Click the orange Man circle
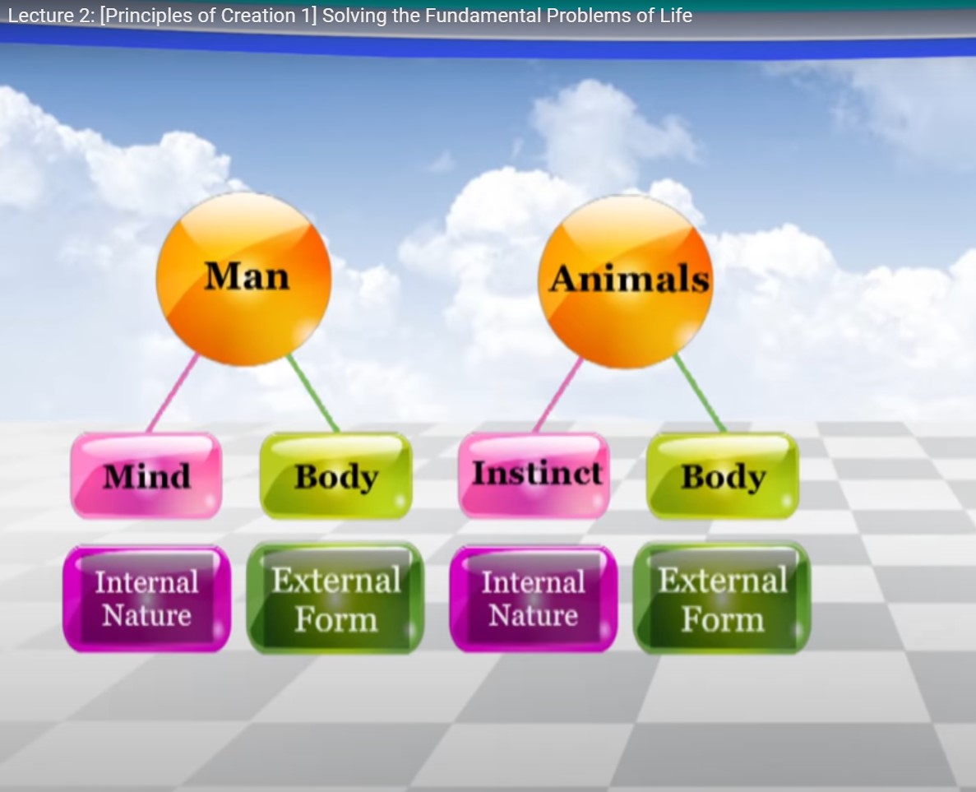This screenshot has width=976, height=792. pos(243,279)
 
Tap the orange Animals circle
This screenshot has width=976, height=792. pos(626,281)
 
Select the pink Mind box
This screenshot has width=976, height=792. pos(146,475)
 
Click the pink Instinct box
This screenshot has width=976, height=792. pos(534,475)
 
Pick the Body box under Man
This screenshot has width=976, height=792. pos(336,475)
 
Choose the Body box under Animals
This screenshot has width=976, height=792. pos(724,475)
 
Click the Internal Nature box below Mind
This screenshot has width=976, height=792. pos(147,599)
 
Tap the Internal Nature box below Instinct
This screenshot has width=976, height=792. pos(534,599)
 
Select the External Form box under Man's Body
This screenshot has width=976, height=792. pos(335,599)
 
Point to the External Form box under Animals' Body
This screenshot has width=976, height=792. pos(722,599)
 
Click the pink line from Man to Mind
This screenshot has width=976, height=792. pos(173,393)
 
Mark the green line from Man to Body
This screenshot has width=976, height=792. pos(313,393)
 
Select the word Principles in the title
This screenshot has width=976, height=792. pos(149,16)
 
